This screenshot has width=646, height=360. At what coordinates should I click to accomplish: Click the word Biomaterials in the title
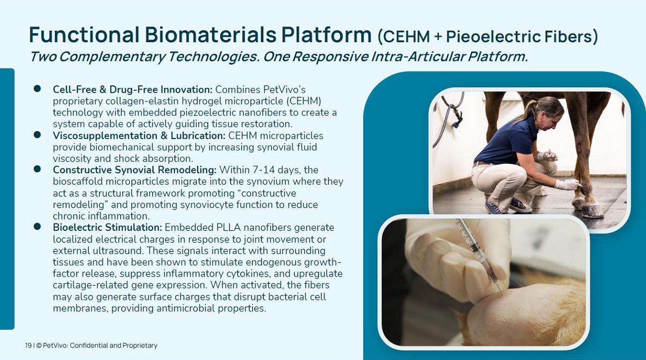tap(211, 35)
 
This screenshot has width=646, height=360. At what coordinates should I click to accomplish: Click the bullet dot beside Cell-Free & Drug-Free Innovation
tap(37, 88)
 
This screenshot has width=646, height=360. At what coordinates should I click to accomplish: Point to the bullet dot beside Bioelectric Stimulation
tap(37, 226)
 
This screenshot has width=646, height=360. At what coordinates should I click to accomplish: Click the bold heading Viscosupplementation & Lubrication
tap(139, 136)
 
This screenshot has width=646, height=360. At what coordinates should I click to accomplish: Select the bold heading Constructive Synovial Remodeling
tap(134, 170)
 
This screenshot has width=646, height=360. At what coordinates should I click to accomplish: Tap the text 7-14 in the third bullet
tap(263, 170)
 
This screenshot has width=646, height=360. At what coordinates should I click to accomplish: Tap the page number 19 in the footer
tap(28, 345)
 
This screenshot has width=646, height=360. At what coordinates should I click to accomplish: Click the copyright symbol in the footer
tap(39, 345)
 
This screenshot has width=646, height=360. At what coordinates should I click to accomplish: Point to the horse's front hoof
tap(591, 211)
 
